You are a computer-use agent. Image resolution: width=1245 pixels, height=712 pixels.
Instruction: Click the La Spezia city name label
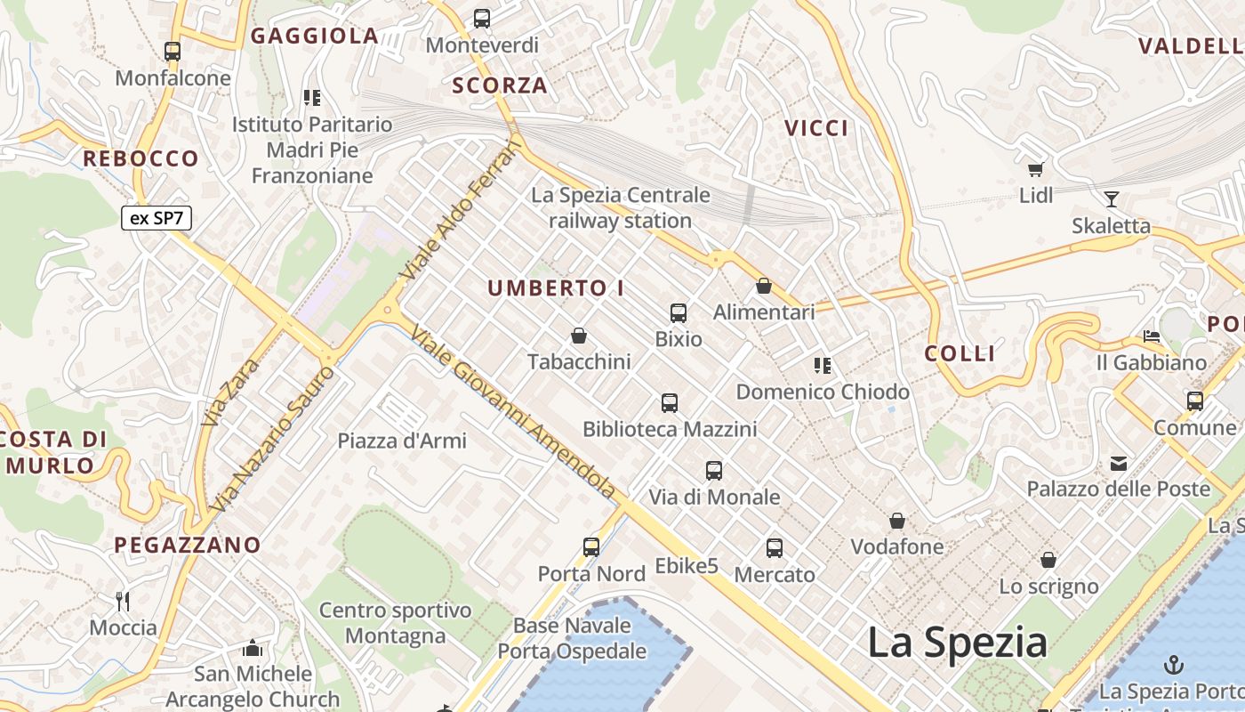957,642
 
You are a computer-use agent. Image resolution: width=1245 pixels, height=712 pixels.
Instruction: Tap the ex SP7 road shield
157,218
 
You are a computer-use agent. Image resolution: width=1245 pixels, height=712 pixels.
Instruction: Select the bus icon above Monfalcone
173,52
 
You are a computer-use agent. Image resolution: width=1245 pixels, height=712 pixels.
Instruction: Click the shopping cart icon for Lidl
1035,169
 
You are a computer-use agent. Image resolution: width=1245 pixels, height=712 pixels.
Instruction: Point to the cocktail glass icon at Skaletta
1111,198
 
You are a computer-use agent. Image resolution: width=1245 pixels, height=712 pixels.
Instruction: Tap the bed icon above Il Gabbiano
1152,336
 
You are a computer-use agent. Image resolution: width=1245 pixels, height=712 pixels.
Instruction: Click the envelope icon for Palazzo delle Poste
1118,463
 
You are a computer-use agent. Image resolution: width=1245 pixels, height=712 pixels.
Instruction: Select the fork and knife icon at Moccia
123,602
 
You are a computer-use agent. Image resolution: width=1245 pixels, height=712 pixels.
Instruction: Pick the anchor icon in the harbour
1174,664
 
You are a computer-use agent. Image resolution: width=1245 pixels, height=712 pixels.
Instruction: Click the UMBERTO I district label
556,288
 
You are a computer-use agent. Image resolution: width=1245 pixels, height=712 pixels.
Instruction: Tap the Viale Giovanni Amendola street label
513,412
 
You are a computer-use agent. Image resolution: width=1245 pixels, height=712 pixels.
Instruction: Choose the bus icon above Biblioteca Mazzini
670,403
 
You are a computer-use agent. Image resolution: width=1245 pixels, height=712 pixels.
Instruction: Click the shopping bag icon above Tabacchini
579,336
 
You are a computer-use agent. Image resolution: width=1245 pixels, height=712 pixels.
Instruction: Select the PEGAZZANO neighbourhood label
188,545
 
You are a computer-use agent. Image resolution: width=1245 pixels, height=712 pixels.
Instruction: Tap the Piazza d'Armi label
402,441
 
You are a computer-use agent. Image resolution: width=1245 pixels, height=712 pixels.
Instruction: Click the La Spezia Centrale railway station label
621,207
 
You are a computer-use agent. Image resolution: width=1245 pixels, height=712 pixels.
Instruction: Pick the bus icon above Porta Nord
591,547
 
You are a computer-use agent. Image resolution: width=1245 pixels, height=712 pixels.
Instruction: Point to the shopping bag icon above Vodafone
897,521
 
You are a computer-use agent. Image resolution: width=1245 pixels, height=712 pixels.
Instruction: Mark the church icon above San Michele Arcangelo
253,648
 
